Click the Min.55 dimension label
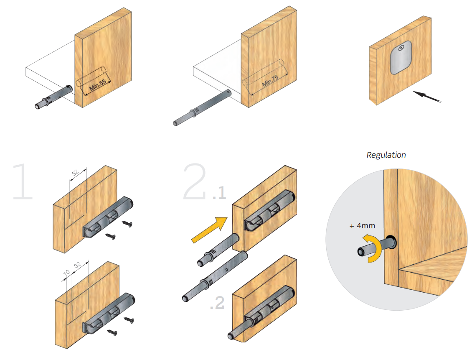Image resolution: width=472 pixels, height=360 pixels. pyautogui.click(x=97, y=85)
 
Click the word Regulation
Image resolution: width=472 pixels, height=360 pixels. pyautogui.click(x=386, y=155)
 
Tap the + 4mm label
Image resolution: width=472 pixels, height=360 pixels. pyautogui.click(x=362, y=226)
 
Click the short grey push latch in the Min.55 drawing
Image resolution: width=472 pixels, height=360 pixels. pyautogui.click(x=54, y=98)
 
